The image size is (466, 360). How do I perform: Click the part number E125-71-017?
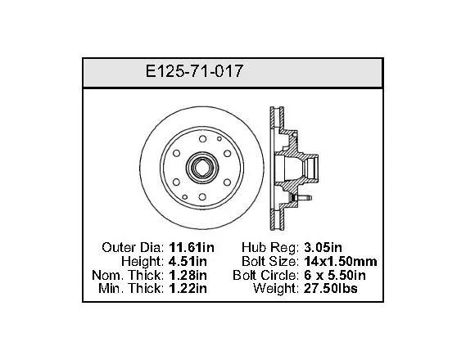pos(194,71)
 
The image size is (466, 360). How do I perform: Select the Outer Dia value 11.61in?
pos(192,247)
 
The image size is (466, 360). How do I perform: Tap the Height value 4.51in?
pos(188,261)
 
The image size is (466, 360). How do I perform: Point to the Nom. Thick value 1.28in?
pos(188,275)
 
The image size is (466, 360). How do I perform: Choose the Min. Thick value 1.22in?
pos(188,289)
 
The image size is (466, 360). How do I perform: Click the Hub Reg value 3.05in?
pos(323,247)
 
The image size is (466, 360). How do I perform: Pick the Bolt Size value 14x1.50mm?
pos(341,261)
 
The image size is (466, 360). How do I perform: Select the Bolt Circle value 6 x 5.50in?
pos(335,275)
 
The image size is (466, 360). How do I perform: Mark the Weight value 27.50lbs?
pos(331,289)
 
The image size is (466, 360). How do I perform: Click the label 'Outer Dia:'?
pos(133,247)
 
